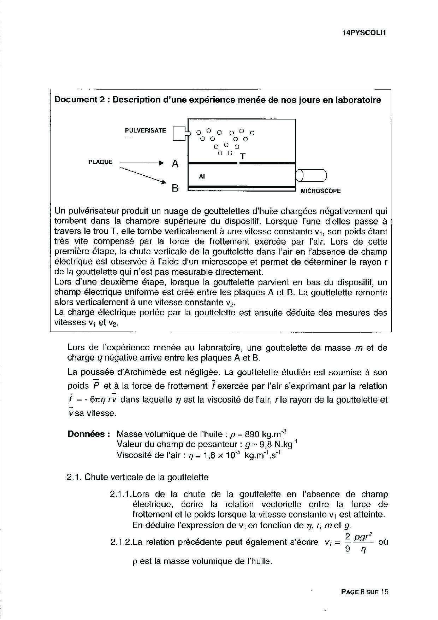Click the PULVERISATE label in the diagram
pyautogui.click(x=145, y=130)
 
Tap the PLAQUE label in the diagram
pyautogui.click(x=100, y=162)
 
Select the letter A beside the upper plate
pyautogui.click(x=175, y=164)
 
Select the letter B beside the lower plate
pyautogui.click(x=175, y=188)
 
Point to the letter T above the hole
pyautogui.click(x=243, y=156)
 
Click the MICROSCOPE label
pyautogui.click(x=320, y=191)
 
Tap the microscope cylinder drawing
pyautogui.click(x=311, y=175)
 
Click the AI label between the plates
pyautogui.click(x=202, y=176)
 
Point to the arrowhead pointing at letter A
pyautogui.click(x=161, y=163)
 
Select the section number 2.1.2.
pyautogui.click(x=120, y=542)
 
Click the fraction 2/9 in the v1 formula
pyautogui.click(x=348, y=543)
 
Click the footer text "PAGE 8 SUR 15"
pyautogui.click(x=365, y=592)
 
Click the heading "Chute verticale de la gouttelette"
pyautogui.click(x=147, y=477)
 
